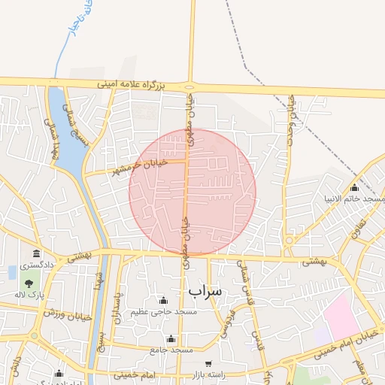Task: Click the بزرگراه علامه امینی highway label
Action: tap(130, 85)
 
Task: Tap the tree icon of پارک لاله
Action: tap(29, 283)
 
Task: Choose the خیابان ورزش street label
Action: tap(67, 314)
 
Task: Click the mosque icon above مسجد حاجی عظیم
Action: tap(163, 301)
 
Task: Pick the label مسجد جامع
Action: tap(171, 350)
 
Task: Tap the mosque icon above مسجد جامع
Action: tap(171, 338)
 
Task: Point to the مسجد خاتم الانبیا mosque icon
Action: tap(354, 187)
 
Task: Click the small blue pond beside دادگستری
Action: tap(12, 272)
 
